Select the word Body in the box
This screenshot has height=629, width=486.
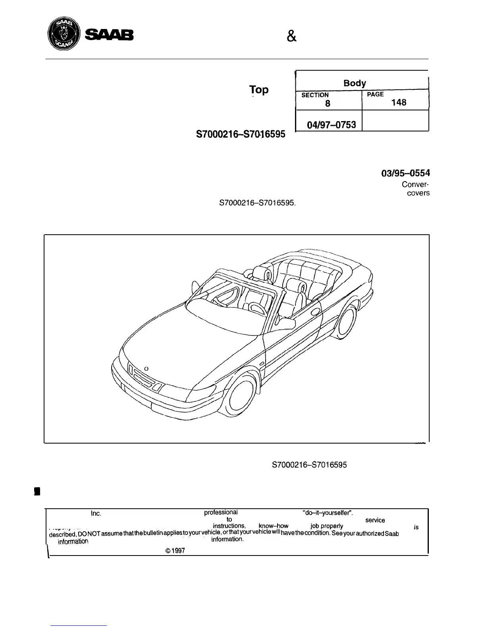[355, 83]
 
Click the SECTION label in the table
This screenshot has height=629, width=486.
[315, 95]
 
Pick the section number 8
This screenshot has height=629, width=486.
[327, 104]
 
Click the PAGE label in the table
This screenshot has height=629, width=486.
[376, 95]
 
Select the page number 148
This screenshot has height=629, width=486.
[399, 102]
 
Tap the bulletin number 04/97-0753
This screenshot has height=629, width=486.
[332, 125]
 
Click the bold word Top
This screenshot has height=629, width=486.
[259, 90]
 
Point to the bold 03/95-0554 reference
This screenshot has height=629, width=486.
[405, 173]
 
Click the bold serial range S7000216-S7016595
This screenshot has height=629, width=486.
[241, 134]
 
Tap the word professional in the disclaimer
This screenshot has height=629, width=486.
[221, 512]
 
